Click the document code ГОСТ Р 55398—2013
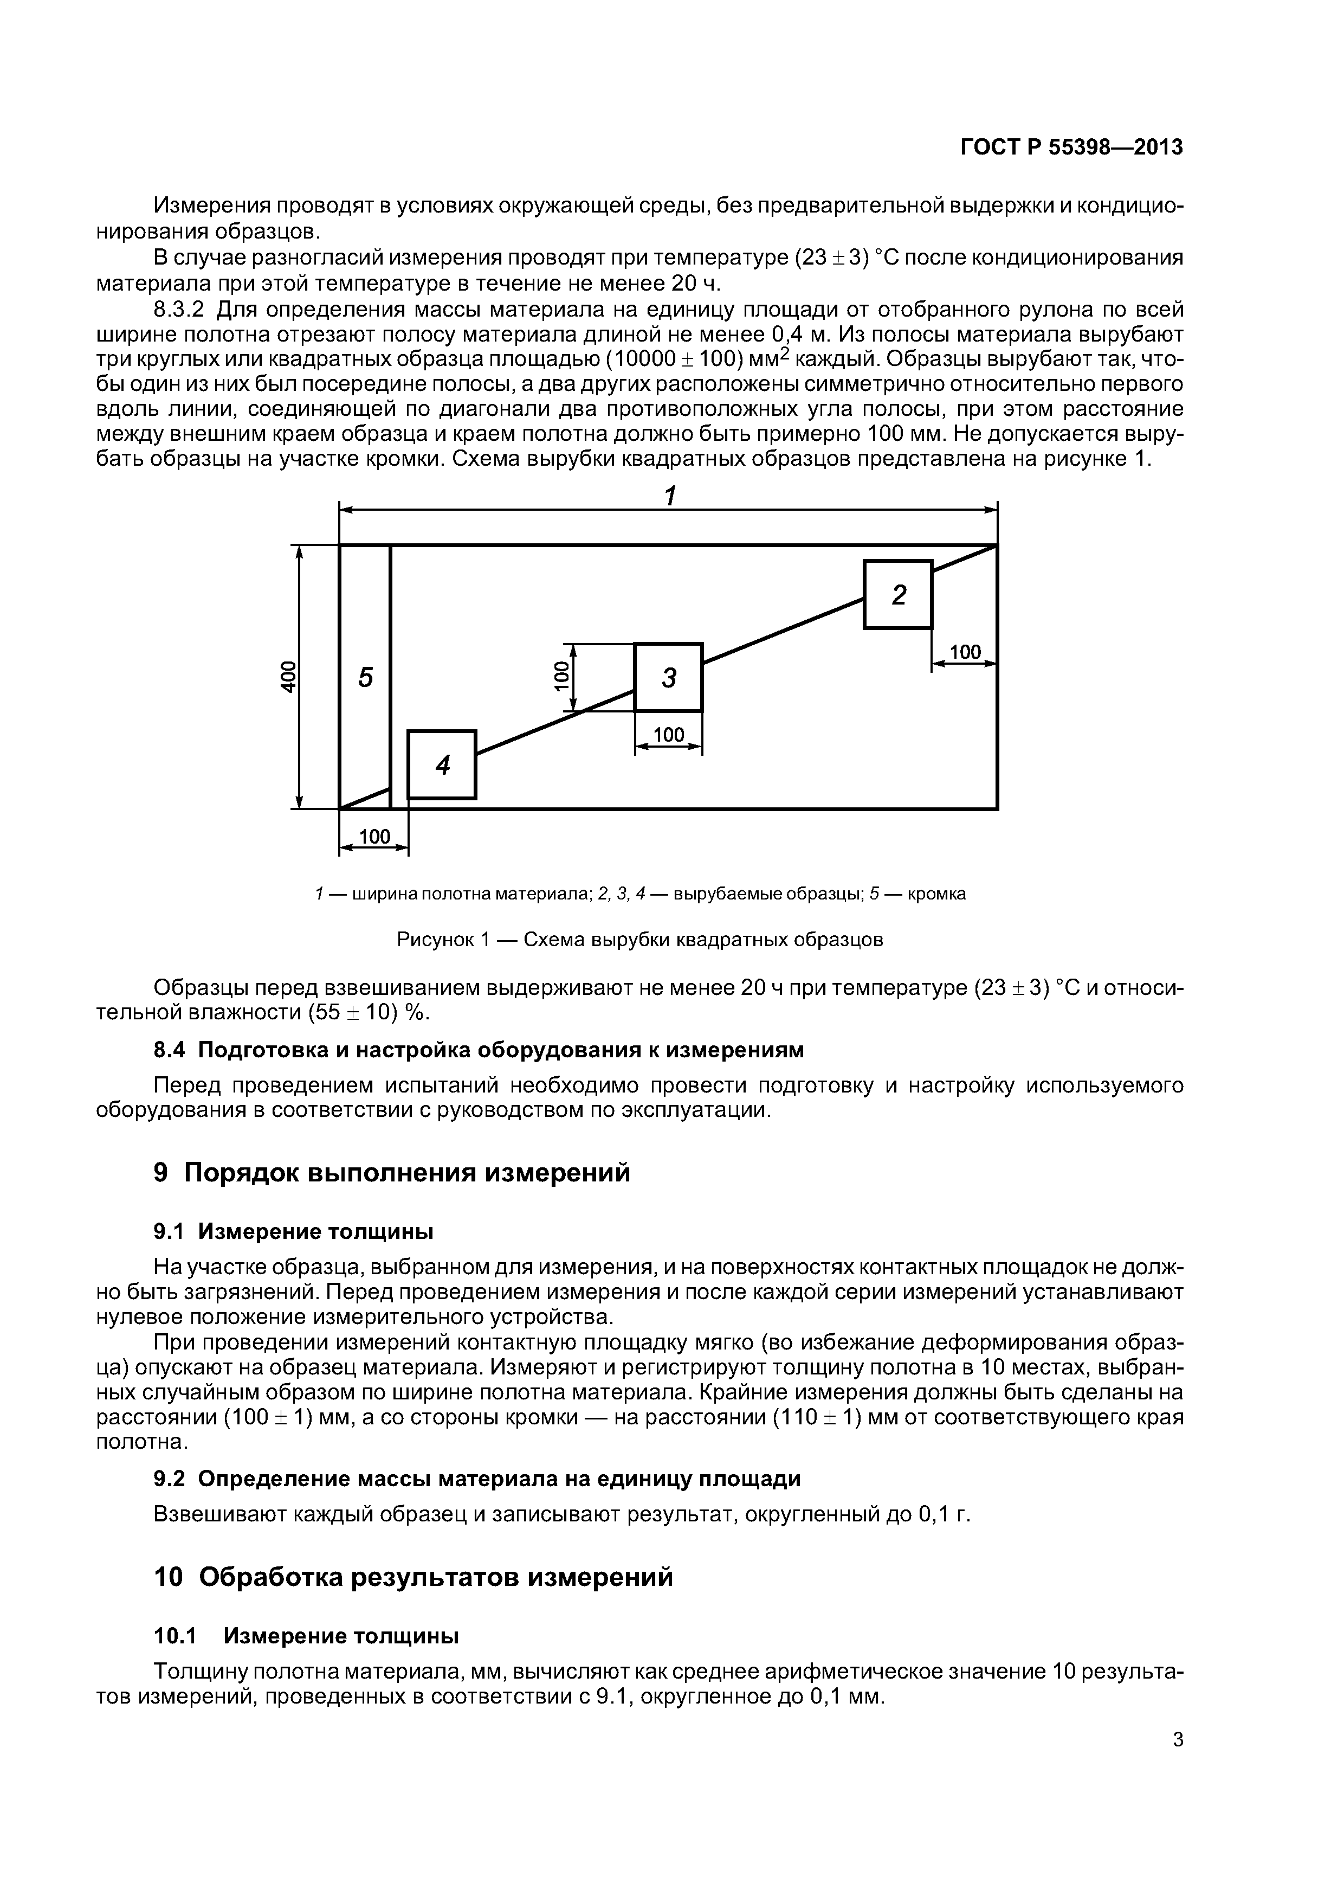point(1071,147)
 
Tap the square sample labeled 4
point(442,764)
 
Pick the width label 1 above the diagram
point(670,496)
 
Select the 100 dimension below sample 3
point(668,735)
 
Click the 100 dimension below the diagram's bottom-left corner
point(374,837)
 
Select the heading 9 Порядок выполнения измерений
point(392,1173)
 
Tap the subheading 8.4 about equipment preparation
point(479,1050)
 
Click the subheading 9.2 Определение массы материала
point(477,1479)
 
